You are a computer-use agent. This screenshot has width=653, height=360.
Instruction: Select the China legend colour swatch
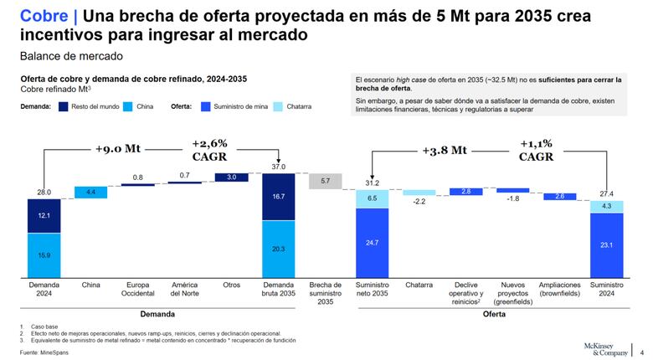coord(129,107)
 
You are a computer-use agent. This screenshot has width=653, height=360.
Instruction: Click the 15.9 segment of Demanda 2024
coord(43,255)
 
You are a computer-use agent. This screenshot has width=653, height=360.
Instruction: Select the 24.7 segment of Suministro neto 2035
coord(373,242)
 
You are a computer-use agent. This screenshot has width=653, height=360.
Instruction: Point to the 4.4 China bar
coord(90,193)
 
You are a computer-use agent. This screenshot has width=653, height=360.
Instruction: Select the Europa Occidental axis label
coord(137,289)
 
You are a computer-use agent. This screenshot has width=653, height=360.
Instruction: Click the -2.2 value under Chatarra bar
coord(419,202)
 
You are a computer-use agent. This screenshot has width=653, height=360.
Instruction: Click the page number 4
coord(641,352)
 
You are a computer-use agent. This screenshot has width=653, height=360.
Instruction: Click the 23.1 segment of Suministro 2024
coord(607,244)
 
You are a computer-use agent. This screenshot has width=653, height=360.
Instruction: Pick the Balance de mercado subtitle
coord(71,56)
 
